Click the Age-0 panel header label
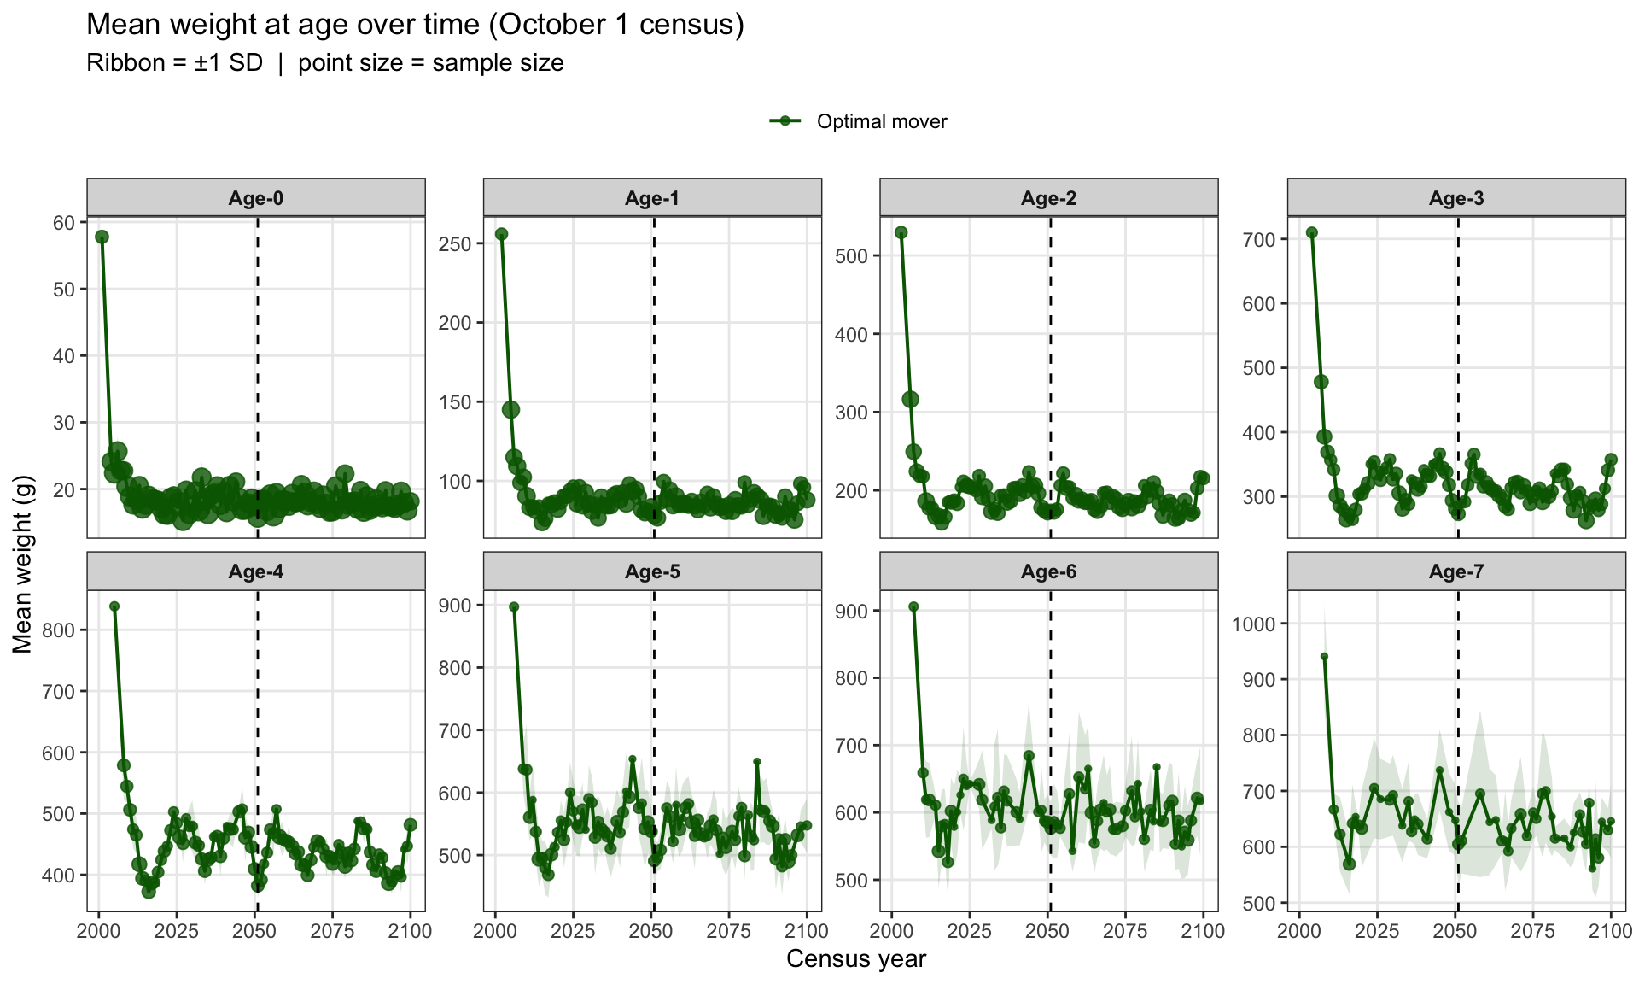coord(256,198)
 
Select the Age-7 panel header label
coord(1456,571)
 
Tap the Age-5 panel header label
coord(652,571)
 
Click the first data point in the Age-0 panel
coord(102,237)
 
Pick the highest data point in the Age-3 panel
coord(1312,232)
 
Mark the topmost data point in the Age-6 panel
coord(913,606)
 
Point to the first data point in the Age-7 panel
coord(1324,657)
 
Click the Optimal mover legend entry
coord(859,121)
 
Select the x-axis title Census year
coord(856,959)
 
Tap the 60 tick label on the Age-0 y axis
coord(65,223)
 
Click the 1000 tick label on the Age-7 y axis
coord(1254,624)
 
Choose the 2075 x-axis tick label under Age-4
coord(332,930)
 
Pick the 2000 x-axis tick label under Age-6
coord(892,930)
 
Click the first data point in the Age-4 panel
coord(114,606)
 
